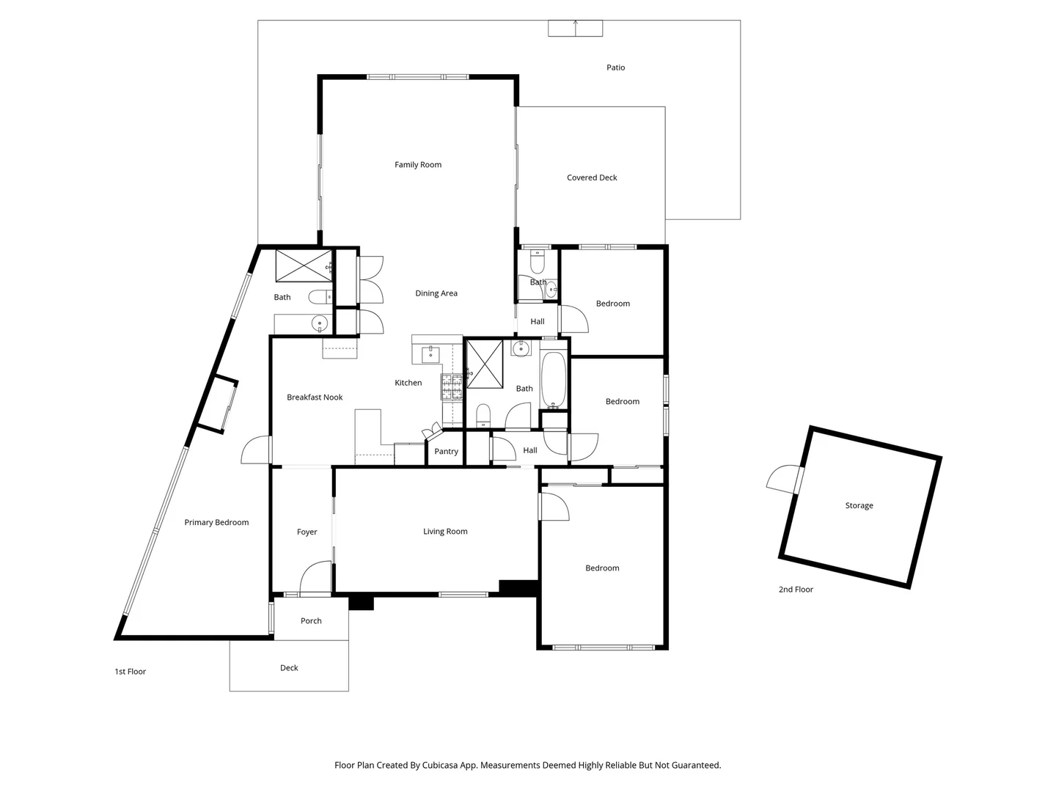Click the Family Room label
pyautogui.click(x=418, y=165)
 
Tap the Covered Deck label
pyautogui.click(x=592, y=177)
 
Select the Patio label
pyautogui.click(x=615, y=67)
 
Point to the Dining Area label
pyautogui.click(x=436, y=293)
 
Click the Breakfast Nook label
pyautogui.click(x=315, y=397)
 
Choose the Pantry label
pyautogui.click(x=446, y=452)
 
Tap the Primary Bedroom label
pyautogui.click(x=216, y=523)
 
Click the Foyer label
pyautogui.click(x=307, y=532)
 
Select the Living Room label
pyautogui.click(x=445, y=532)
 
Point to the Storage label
pyautogui.click(x=859, y=506)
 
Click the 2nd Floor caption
pyautogui.click(x=796, y=590)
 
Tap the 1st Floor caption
pyautogui.click(x=131, y=672)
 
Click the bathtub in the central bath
pyautogui.click(x=553, y=380)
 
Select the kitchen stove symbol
pyautogui.click(x=452, y=386)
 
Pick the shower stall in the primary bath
pyautogui.click(x=304, y=265)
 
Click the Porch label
pyautogui.click(x=311, y=621)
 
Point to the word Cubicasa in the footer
pyautogui.click(x=442, y=766)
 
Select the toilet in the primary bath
pyautogui.click(x=318, y=297)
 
